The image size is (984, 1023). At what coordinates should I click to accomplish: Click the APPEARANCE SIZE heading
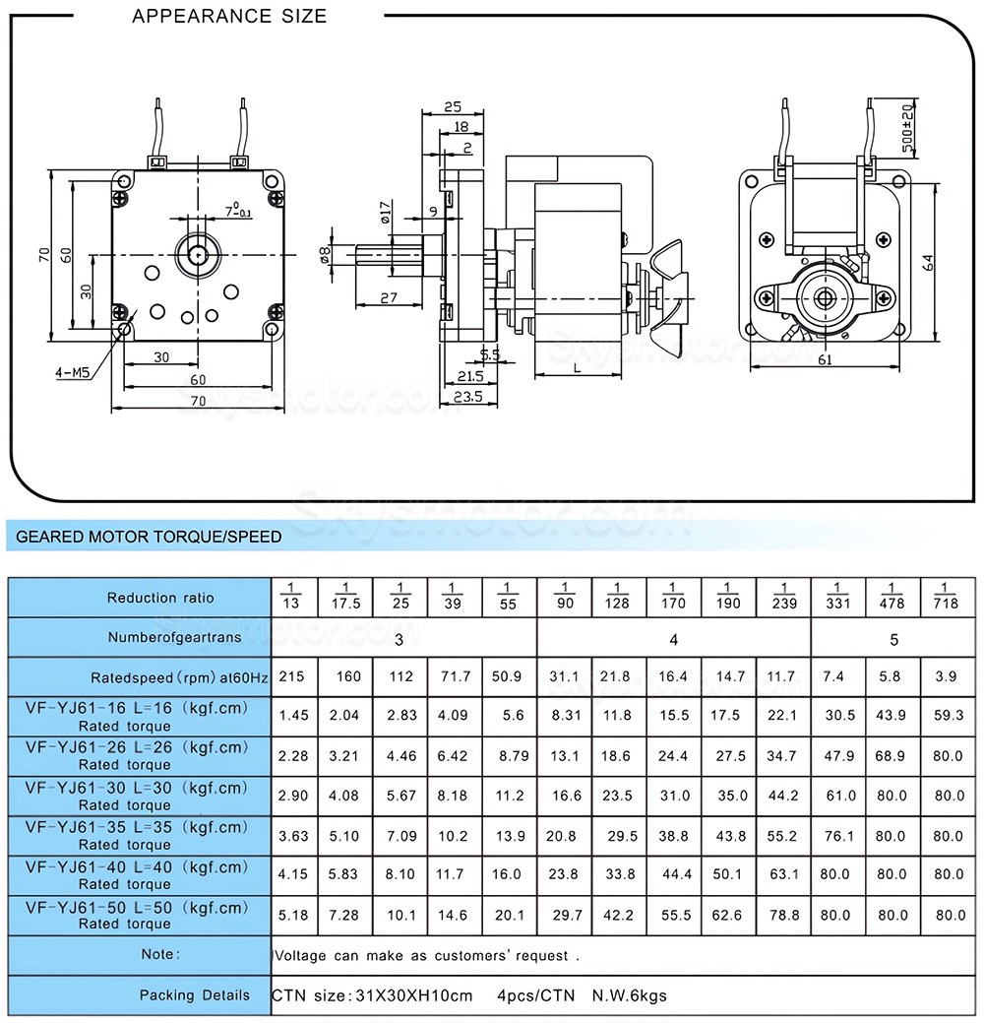229,17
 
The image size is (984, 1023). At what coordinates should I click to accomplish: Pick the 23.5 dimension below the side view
468,397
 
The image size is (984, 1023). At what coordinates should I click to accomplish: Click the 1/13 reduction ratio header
289,597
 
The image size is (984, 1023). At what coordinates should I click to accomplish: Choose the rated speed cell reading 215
291,676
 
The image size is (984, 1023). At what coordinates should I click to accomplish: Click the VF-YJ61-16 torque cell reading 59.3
950,716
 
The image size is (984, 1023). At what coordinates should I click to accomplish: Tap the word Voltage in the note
305,955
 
